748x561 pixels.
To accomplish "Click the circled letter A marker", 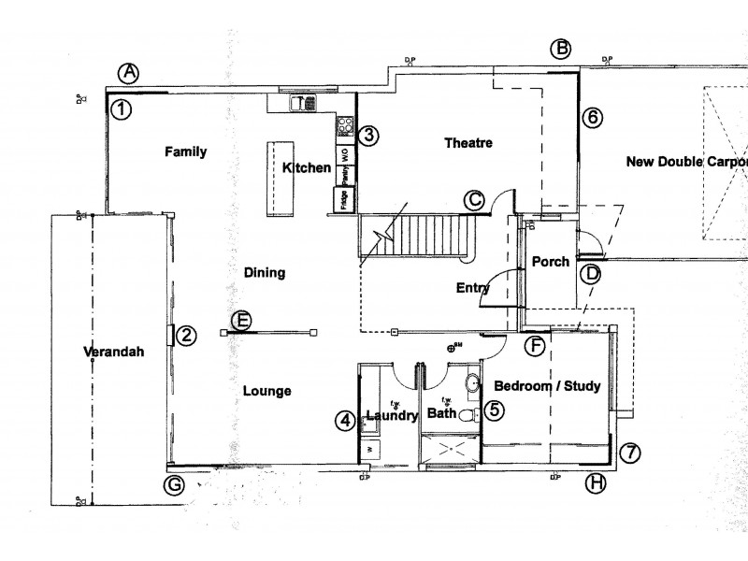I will coord(129,72).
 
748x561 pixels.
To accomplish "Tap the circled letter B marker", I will coord(560,50).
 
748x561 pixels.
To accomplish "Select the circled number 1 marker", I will coord(121,109).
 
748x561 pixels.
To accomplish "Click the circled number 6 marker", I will coord(593,118).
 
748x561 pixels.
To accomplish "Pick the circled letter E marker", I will coord(241,321).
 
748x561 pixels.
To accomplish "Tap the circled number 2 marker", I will coord(186,336).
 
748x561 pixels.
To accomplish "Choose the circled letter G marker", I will coord(173,484).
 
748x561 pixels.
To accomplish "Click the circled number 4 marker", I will coord(346,422).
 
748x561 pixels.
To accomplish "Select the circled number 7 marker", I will coord(631,453).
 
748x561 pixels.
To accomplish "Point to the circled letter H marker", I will coord(595,483).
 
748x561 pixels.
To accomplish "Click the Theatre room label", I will coord(467,143).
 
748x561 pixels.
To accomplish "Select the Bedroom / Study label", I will coord(547,386).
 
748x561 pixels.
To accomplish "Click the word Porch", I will coord(551,262).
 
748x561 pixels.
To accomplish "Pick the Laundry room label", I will coord(391,416).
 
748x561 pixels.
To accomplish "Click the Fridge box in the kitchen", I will coord(342,200).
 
